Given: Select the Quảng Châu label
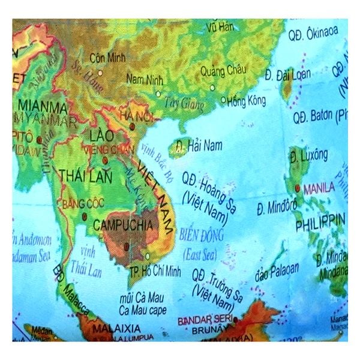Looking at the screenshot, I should click(x=223, y=70).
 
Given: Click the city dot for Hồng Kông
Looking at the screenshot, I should click(x=224, y=100).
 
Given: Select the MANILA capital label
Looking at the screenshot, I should click(x=319, y=188).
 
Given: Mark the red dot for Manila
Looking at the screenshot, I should click(x=298, y=188).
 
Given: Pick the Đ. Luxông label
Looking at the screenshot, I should click(x=308, y=157).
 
